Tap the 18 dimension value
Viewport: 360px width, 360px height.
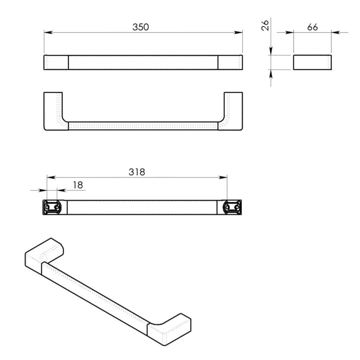(x=78, y=185)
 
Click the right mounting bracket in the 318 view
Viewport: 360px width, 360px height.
(x=232, y=207)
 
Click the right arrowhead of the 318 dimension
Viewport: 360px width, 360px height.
(x=225, y=178)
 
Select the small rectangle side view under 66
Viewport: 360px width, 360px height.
(x=312, y=62)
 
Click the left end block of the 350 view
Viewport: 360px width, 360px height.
(x=56, y=62)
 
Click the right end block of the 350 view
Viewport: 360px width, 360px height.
(x=230, y=62)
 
